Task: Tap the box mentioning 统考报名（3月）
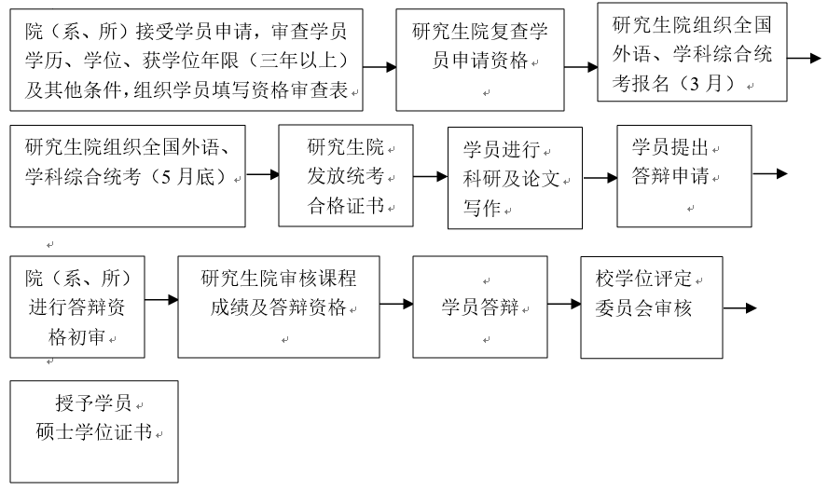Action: pos(692,54)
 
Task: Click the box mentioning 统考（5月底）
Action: pos(128,175)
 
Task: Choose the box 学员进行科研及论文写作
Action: pos(515,178)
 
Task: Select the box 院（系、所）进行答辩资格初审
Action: pos(77,307)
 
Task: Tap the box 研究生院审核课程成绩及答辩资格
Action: pos(279,307)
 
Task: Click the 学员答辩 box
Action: pos(479,307)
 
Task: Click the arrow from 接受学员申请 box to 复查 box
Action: pos(379,67)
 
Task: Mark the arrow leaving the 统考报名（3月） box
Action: pos(803,58)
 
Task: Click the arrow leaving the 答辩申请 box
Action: pos(769,173)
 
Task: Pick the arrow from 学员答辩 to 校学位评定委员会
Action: pos(563,303)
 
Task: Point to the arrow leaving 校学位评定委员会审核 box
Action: pos(739,308)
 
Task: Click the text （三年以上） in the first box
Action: pos(303,61)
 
